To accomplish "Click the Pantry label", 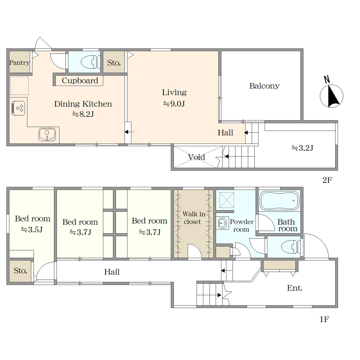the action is (19, 63).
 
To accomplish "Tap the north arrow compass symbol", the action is (331, 94).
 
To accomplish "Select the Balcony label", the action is (265, 86).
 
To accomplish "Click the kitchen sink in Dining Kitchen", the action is (47, 135).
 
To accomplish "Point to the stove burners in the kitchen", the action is (18, 108).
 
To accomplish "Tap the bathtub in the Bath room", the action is (279, 201).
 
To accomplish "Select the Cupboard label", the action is (80, 81).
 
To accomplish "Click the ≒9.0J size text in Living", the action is (174, 104).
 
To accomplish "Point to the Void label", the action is (197, 157).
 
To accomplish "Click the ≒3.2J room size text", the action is (302, 148).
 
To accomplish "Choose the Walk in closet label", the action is (193, 218).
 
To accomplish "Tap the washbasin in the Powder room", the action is (222, 223).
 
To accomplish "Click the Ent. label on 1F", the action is (294, 288).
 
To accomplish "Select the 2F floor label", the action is (327, 180).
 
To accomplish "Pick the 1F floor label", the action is (324, 319).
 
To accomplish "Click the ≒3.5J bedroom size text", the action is (32, 230).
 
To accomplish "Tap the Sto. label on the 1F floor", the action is (21, 271).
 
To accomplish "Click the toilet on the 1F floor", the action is (291, 247).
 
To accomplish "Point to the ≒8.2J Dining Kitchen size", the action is (83, 114).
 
